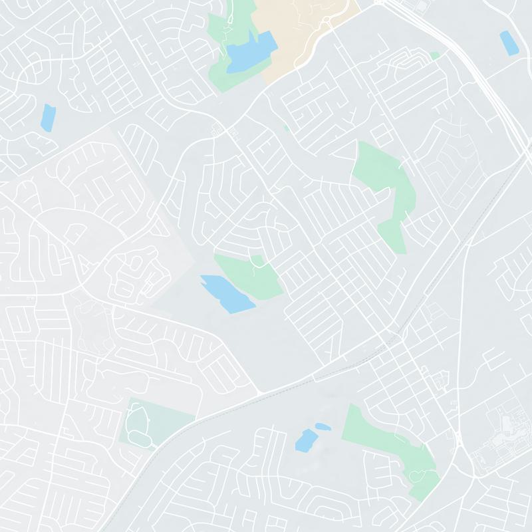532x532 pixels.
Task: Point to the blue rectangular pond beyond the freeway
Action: coord(509,43)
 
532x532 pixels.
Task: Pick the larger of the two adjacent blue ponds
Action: coord(306,440)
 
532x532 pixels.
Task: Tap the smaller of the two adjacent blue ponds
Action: coord(323,426)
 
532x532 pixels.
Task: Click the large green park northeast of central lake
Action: coord(386,186)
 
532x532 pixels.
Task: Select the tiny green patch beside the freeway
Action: coord(435,56)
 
